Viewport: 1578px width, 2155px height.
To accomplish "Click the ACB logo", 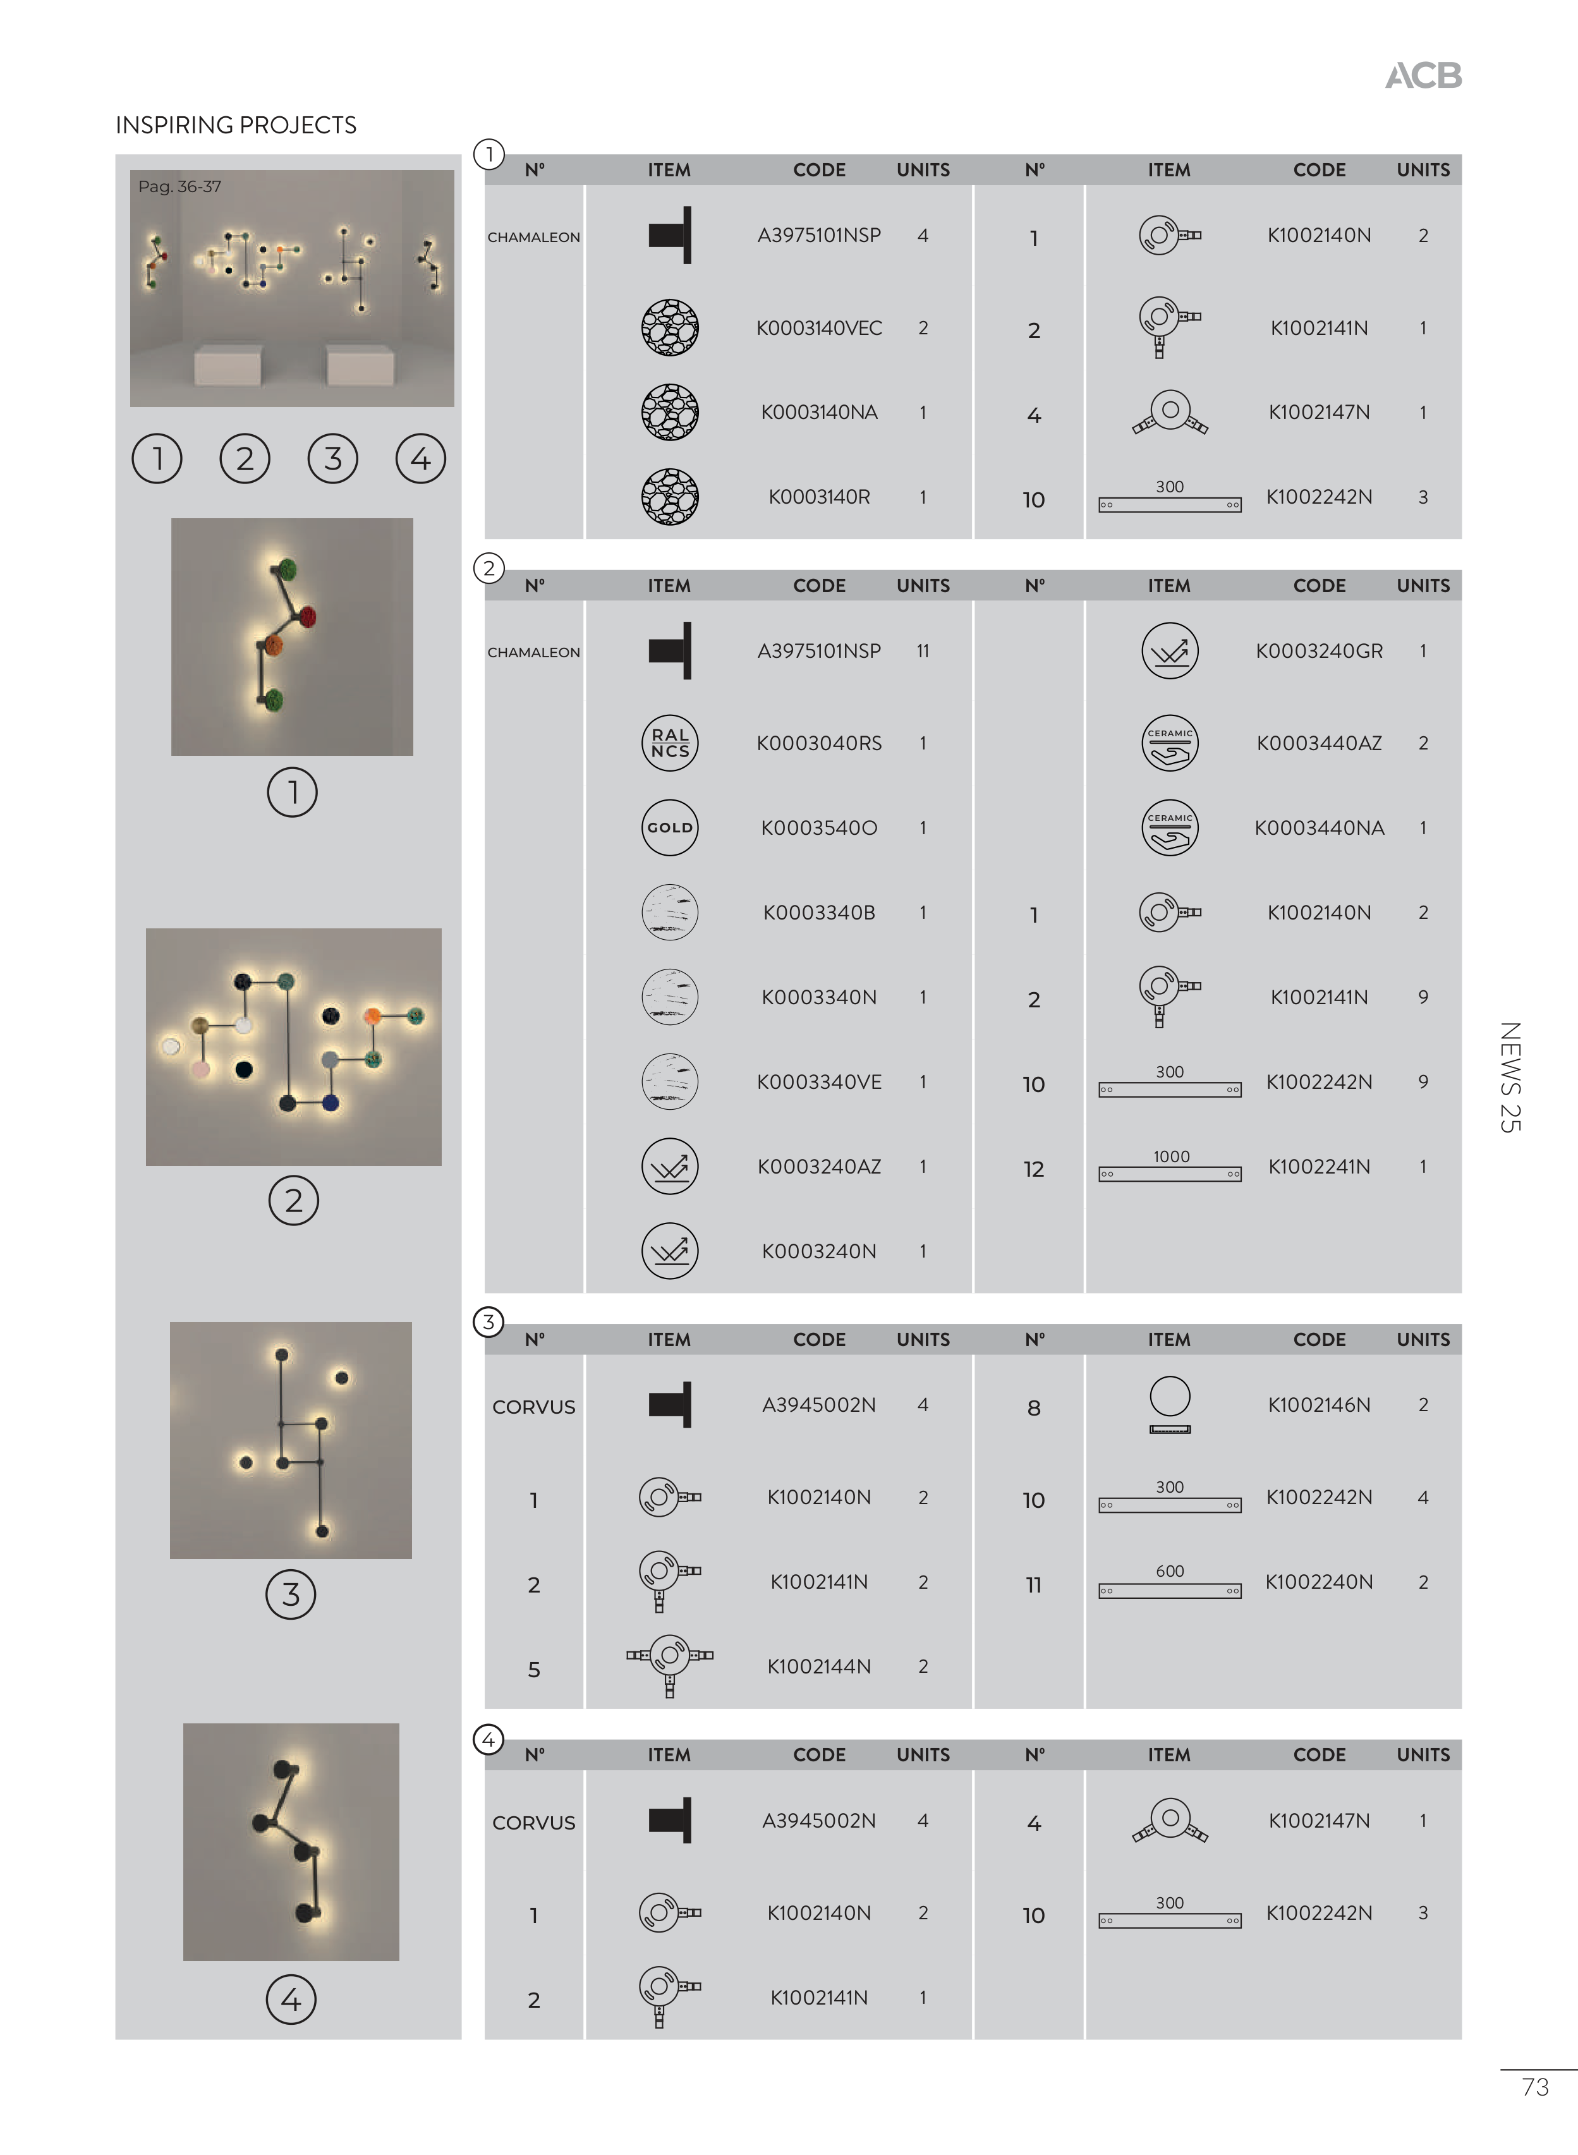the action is pyautogui.click(x=1423, y=75).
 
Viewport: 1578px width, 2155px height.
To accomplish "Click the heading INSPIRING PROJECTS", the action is pyautogui.click(x=236, y=125).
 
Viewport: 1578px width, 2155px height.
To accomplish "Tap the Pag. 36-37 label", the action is pyautogui.click(x=179, y=186).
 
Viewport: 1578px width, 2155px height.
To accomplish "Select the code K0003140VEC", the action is pyautogui.click(x=818, y=327).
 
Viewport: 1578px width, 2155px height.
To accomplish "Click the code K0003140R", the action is pyautogui.click(x=818, y=497).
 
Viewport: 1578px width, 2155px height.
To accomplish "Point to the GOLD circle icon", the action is pyautogui.click(x=670, y=827).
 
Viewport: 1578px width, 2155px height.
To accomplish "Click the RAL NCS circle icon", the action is pyautogui.click(x=670, y=743).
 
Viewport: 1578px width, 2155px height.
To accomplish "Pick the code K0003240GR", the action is pyautogui.click(x=1319, y=650).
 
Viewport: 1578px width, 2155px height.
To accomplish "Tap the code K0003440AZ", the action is pyautogui.click(x=1319, y=743).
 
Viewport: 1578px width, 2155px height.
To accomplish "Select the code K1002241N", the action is pyautogui.click(x=1319, y=1167).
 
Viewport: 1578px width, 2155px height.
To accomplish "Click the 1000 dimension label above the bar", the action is pyautogui.click(x=1171, y=1156).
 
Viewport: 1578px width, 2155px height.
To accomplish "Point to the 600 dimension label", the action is pyautogui.click(x=1170, y=1571).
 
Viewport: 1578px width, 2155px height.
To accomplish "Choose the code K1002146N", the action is pyautogui.click(x=1319, y=1404).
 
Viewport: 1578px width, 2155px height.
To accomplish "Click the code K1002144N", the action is pyautogui.click(x=818, y=1666).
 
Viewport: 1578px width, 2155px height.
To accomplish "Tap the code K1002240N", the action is pyautogui.click(x=1319, y=1582).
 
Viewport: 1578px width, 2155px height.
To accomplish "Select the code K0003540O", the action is pyautogui.click(x=818, y=827).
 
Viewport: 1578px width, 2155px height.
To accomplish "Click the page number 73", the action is pyautogui.click(x=1535, y=2087).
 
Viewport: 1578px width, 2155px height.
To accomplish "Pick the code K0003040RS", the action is pyautogui.click(x=818, y=743).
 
